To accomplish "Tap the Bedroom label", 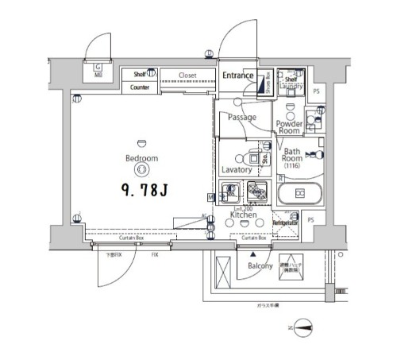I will point(141,158).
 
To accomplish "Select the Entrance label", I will point(237,76).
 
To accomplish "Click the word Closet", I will point(187,76).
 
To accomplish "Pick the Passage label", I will point(241,118).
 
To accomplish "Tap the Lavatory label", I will point(237,169).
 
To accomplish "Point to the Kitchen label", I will point(242,215).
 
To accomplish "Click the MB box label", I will point(98,75).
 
